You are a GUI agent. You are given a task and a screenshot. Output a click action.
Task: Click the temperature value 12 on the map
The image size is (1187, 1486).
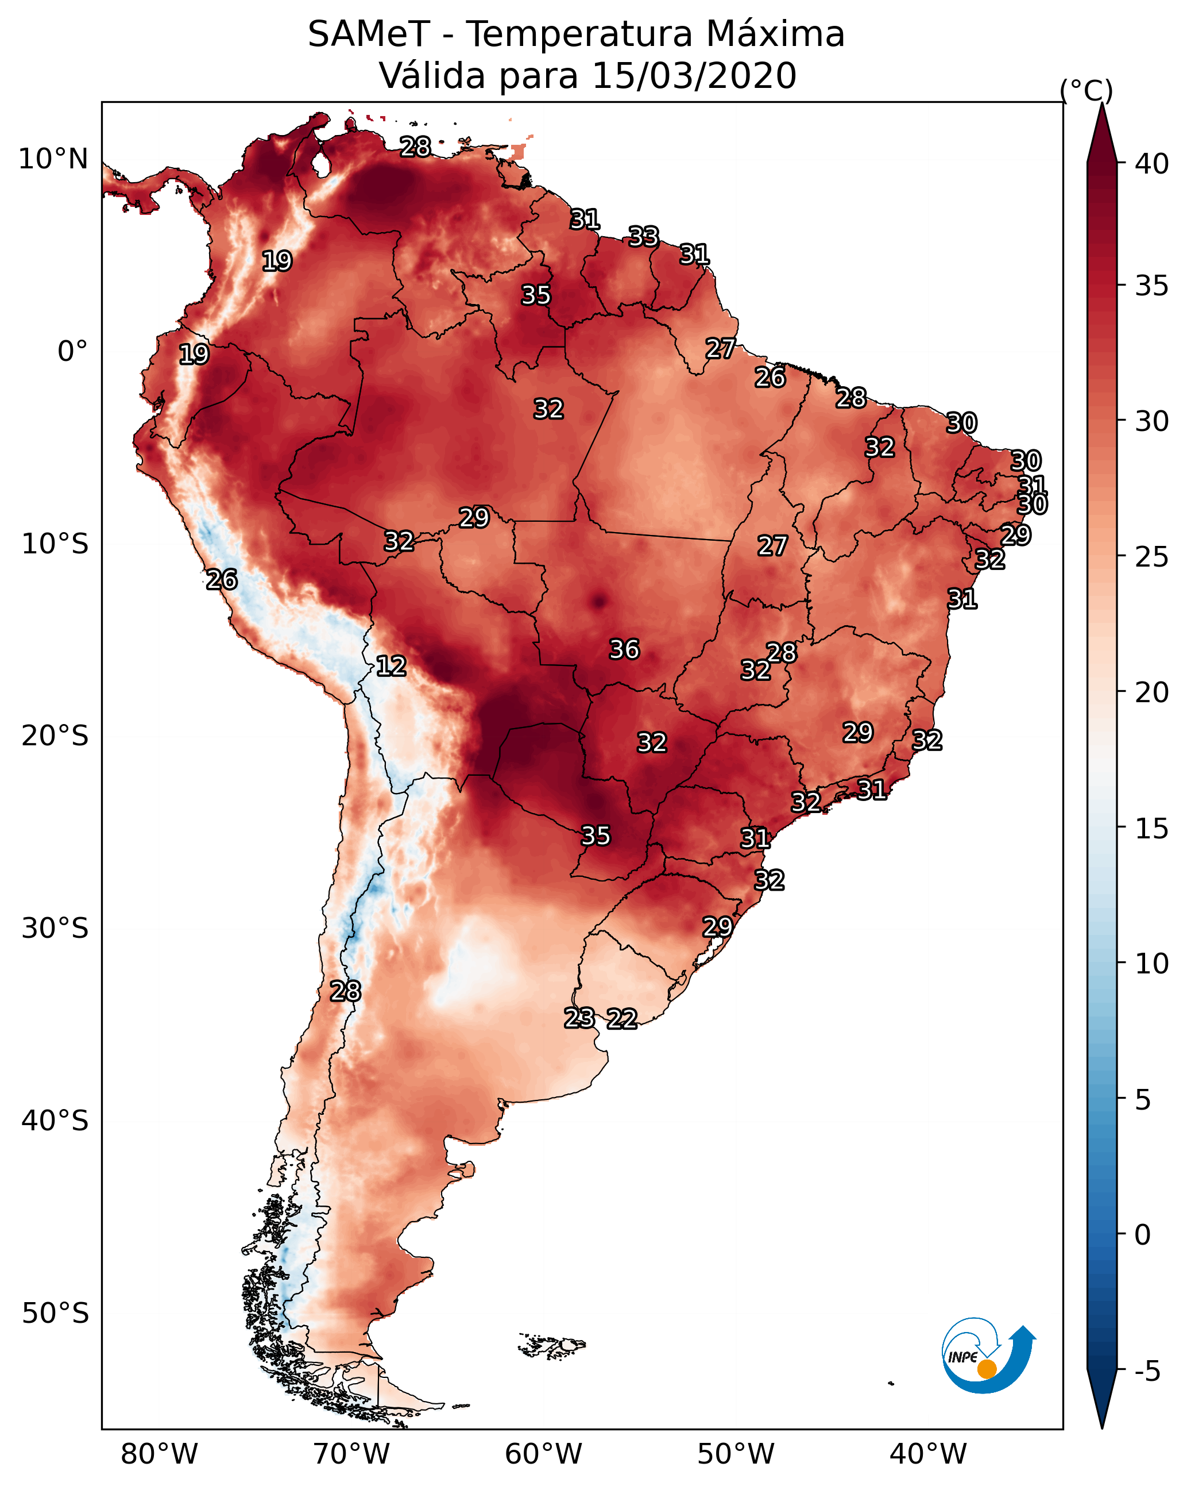point(390,666)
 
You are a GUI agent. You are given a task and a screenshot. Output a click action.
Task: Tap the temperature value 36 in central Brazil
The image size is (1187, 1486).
point(624,649)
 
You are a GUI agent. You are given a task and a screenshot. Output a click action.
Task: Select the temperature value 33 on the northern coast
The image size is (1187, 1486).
point(643,237)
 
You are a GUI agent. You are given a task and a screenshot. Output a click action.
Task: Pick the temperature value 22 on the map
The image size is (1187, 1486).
point(621,1019)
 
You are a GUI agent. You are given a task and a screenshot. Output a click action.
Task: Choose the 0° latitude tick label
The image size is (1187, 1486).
point(72,352)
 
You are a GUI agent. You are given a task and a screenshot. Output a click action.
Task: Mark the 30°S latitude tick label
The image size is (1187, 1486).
point(55,929)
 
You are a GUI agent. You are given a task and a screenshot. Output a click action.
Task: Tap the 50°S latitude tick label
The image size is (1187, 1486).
point(55,1314)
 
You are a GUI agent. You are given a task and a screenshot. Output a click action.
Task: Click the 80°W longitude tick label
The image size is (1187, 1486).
point(159,1454)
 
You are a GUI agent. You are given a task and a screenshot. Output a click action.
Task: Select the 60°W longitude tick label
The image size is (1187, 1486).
point(544,1454)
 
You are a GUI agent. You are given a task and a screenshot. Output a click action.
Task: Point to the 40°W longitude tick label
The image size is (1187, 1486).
point(928,1454)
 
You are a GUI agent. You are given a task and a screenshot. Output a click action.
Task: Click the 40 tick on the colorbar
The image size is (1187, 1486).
point(1152,164)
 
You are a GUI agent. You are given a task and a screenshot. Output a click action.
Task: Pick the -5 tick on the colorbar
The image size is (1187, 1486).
point(1147,1372)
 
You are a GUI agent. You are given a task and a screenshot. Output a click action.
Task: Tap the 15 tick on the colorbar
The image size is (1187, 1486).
point(1152,829)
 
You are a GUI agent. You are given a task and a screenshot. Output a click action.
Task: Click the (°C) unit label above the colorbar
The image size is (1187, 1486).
point(1087,90)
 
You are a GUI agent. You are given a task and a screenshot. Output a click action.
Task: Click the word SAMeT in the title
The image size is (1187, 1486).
point(369,34)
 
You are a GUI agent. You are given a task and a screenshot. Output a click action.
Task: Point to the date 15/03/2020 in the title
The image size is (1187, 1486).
point(694,76)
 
